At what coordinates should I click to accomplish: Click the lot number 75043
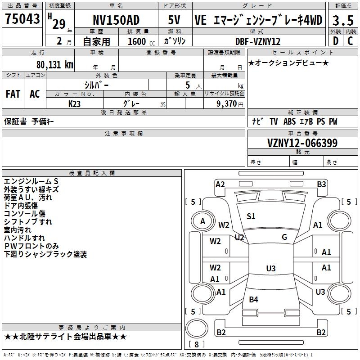(x=22, y=18)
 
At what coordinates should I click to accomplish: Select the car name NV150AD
(x=116, y=20)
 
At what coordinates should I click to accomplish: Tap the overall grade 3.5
(x=343, y=20)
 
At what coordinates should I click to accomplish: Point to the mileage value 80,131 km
(x=55, y=65)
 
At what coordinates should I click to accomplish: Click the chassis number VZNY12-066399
(x=302, y=143)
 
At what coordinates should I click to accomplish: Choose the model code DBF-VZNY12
(x=258, y=41)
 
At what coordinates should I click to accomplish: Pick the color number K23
(x=74, y=104)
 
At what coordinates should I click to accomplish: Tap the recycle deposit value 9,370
(x=226, y=104)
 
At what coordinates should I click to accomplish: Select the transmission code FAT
(x=13, y=94)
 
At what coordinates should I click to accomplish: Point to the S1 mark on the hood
(x=251, y=216)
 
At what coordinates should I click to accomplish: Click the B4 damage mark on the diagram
(x=253, y=299)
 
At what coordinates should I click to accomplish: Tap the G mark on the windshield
(x=284, y=237)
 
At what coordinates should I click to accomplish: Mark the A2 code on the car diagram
(x=220, y=184)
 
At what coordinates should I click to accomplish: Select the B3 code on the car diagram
(x=321, y=184)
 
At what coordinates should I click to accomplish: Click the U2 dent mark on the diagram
(x=239, y=238)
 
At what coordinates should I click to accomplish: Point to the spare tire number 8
(x=197, y=344)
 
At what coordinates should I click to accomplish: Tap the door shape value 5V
(x=174, y=20)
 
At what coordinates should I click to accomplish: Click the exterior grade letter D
(x=336, y=41)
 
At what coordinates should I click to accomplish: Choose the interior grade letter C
(x=350, y=41)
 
